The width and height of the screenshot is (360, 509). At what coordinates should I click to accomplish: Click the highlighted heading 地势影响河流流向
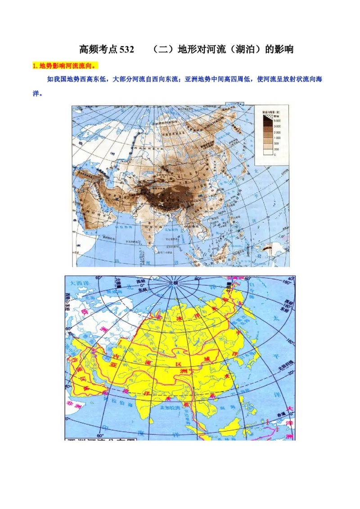click(64, 66)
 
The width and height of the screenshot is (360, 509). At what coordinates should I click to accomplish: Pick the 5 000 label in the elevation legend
click(277, 121)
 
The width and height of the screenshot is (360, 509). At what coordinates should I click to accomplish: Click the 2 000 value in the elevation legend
click(277, 133)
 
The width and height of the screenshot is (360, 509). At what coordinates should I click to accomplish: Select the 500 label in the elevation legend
click(276, 144)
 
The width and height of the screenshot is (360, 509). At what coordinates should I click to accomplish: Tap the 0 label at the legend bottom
click(275, 155)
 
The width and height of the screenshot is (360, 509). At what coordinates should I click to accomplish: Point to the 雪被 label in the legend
click(276, 116)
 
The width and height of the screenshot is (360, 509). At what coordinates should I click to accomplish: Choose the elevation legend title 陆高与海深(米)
click(271, 110)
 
